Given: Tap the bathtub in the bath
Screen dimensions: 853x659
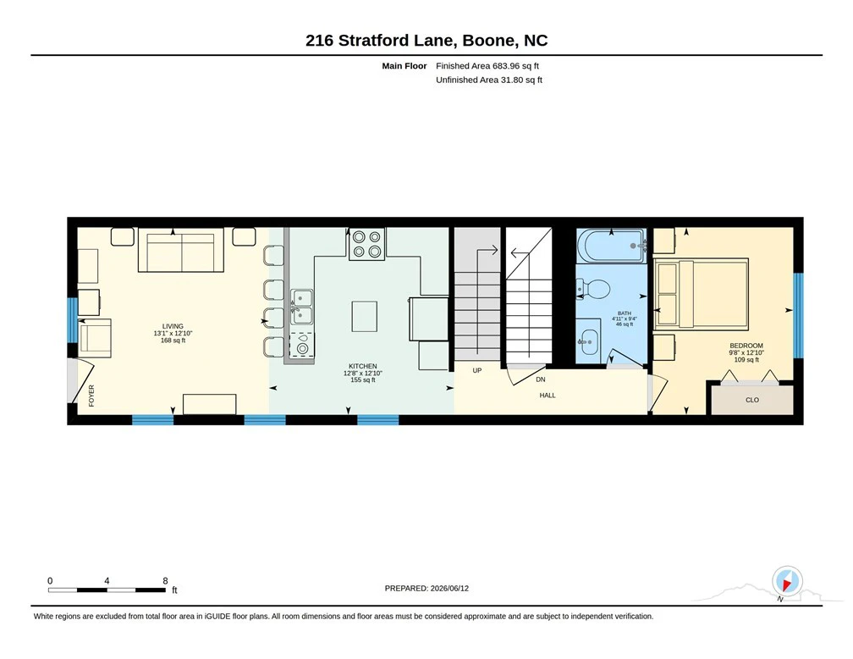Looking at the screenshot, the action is coord(612,246).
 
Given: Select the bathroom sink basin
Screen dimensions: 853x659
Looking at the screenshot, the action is coord(587,342).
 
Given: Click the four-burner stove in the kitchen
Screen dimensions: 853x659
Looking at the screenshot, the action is coord(366,244).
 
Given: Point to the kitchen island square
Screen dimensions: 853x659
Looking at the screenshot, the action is coord(365,317).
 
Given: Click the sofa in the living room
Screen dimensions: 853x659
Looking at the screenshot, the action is coord(180,250).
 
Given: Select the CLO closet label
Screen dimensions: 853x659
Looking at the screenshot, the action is coord(752,400).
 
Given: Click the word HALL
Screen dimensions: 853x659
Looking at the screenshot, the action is coord(548,396).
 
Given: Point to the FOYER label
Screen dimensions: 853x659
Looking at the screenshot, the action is coord(91,396).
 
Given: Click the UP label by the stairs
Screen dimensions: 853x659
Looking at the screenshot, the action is coord(477,370).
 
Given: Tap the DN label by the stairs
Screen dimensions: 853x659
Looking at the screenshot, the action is coord(540,379).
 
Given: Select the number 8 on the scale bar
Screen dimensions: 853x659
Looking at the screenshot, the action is coord(165,580).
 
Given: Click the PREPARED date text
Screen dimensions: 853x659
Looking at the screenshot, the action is coord(426,588).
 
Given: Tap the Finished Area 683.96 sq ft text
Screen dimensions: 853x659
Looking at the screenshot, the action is coord(487,66).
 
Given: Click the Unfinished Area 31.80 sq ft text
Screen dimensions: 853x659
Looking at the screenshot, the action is coord(489,80).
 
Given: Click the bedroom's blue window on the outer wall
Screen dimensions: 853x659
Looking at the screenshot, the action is coord(799,315).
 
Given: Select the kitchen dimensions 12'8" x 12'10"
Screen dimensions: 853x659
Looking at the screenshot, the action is coord(363,373).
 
